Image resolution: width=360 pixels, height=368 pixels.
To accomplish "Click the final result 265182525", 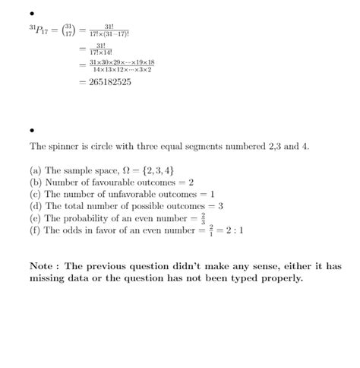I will tap(110, 82).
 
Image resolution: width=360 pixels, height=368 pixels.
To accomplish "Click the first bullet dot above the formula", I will tap(32, 14).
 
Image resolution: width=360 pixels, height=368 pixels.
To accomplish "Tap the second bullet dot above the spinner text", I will tap(32, 129).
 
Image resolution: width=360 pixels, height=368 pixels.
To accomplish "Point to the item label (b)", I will tap(36, 182).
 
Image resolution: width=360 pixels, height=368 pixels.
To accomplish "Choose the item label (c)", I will tap(36, 194).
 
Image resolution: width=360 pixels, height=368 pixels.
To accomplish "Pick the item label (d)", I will tap(36, 205).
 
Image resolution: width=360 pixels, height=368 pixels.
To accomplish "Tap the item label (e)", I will tap(36, 217).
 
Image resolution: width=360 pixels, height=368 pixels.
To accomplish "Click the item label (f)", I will tap(36, 230).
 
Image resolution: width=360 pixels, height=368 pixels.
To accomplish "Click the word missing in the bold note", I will tap(49, 278).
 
